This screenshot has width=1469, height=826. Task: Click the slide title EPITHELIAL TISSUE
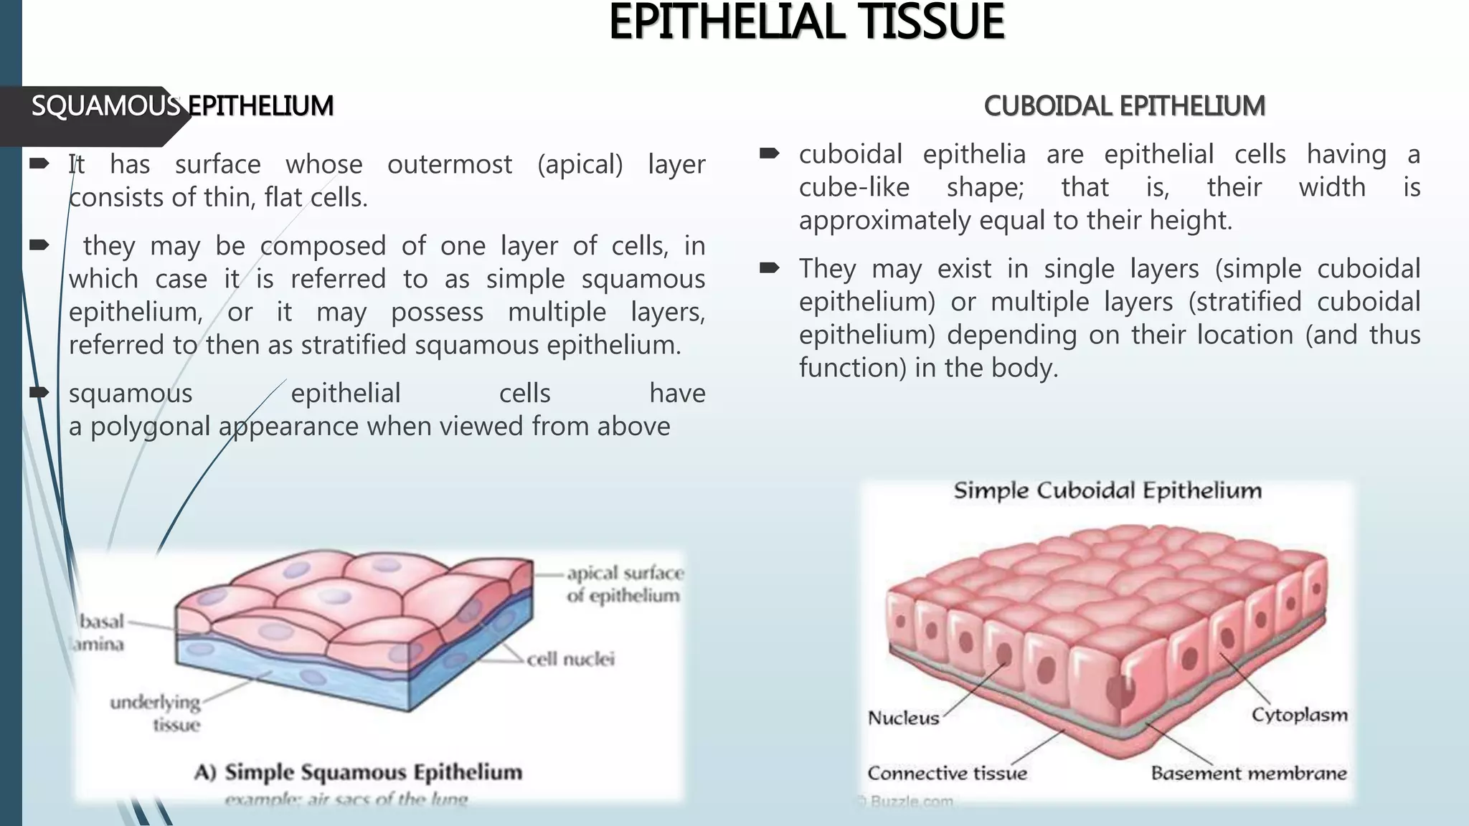pos(806,23)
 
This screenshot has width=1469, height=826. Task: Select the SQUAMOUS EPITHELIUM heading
pos(182,106)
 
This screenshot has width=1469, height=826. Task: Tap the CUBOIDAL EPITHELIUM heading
pos(1124,106)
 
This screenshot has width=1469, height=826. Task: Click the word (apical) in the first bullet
pos(580,164)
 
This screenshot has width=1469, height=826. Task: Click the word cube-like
pos(854,188)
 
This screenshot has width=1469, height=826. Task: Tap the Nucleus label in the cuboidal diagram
pos(903,718)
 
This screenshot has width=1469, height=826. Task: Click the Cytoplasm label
pos(1299,715)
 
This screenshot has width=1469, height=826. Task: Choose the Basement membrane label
pos(1248,773)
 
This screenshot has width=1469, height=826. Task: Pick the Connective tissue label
pos(947,773)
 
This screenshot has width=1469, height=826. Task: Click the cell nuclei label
pos(570,659)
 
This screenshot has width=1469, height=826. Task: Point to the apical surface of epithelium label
pos(624,584)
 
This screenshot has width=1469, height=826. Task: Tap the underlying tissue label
pos(156,713)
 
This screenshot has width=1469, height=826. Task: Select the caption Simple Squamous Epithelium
pos(373,772)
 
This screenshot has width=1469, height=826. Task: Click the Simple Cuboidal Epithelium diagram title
pos(1107,491)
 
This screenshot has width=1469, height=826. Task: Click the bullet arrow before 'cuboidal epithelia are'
pos(769,153)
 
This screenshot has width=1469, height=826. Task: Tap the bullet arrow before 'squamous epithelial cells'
pos(39,392)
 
